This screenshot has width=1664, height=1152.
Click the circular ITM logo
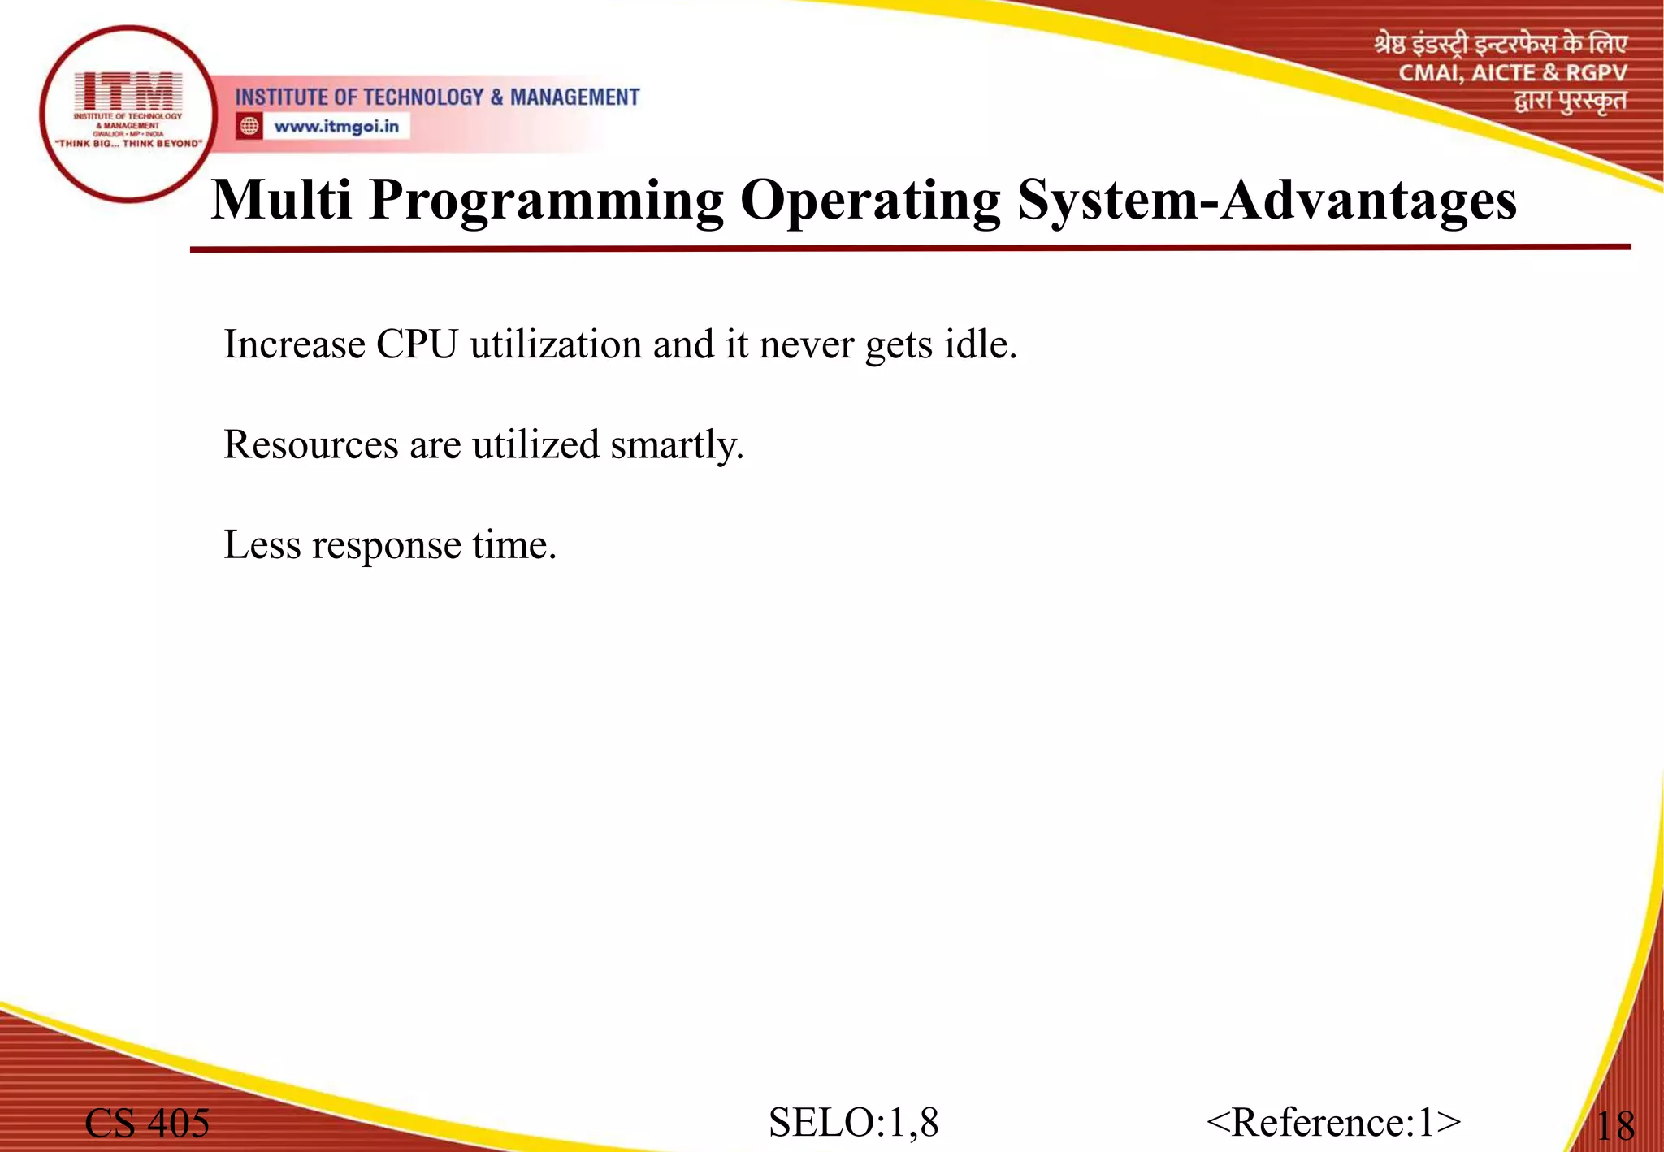pyautogui.click(x=128, y=114)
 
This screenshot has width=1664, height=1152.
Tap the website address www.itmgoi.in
pyautogui.click(x=336, y=127)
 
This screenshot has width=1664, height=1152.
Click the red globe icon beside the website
pyautogui.click(x=249, y=126)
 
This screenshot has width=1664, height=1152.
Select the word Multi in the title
pyautogui.click(x=281, y=200)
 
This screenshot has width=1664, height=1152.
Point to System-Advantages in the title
pyautogui.click(x=1266, y=200)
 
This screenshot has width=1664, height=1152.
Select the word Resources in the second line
pyautogui.click(x=311, y=445)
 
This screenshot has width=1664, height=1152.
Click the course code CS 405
pyautogui.click(x=147, y=1123)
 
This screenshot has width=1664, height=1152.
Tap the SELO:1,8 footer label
pyautogui.click(x=853, y=1122)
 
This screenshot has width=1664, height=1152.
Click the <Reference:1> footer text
pyautogui.click(x=1333, y=1122)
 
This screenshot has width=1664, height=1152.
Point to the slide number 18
pyautogui.click(x=1614, y=1126)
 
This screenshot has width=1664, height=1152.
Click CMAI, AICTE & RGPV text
pyautogui.click(x=1512, y=73)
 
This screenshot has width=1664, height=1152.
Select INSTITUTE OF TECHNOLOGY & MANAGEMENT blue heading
pyautogui.click(x=437, y=97)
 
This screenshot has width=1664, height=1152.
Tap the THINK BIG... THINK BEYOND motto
pyautogui.click(x=128, y=144)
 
